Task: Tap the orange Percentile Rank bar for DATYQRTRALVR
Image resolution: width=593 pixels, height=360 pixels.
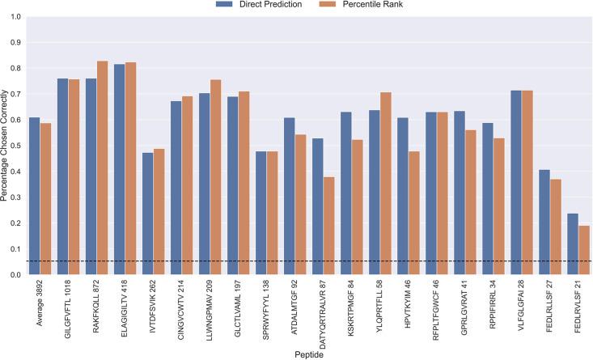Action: click(x=328, y=226)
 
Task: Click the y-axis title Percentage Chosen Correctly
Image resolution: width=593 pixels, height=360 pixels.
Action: click(x=6, y=146)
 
